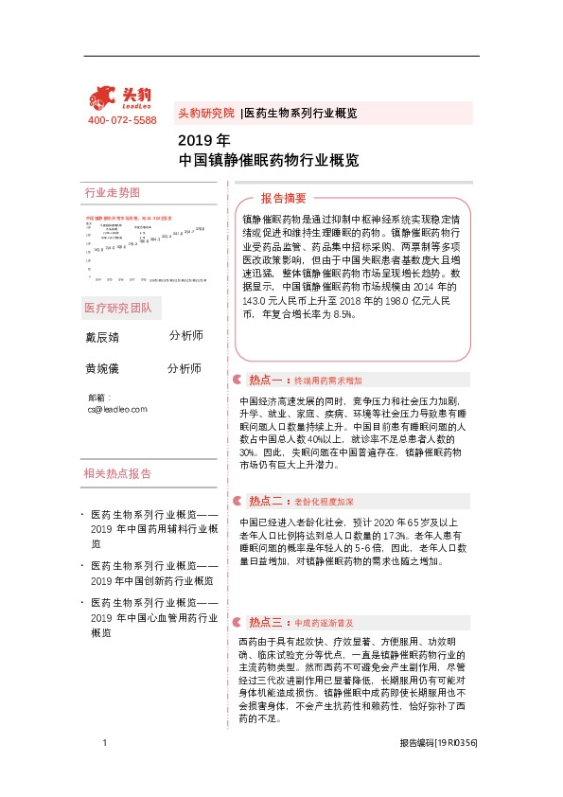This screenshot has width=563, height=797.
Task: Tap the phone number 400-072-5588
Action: pyautogui.click(x=122, y=121)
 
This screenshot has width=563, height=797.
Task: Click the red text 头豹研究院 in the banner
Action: pyautogui.click(x=205, y=113)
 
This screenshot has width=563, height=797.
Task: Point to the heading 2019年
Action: pyautogui.click(x=197, y=141)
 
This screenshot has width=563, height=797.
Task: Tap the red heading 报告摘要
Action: pyautogui.click(x=284, y=199)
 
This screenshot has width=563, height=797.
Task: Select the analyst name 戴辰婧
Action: pyautogui.click(x=102, y=337)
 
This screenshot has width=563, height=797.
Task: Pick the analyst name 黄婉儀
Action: pyautogui.click(x=102, y=369)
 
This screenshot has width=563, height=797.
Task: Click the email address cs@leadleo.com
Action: pyautogui.click(x=117, y=409)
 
